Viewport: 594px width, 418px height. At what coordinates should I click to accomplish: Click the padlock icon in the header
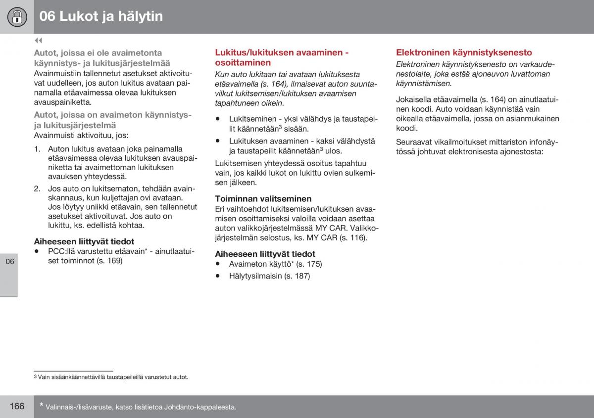17,17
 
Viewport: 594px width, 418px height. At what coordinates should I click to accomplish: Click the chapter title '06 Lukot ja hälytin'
101,16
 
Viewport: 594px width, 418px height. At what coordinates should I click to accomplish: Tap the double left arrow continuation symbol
38,41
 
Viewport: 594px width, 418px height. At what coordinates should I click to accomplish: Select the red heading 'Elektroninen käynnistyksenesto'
464,52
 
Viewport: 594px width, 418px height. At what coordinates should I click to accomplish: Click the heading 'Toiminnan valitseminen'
263,199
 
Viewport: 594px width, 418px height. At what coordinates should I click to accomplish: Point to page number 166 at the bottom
17,406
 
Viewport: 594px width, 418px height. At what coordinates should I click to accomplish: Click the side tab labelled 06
10,262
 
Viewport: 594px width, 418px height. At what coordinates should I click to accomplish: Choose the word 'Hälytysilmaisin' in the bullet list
255,276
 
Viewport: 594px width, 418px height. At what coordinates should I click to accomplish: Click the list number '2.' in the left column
38,189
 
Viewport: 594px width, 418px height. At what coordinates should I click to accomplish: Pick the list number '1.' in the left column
37,149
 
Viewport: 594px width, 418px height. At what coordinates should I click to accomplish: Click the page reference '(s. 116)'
353,238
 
